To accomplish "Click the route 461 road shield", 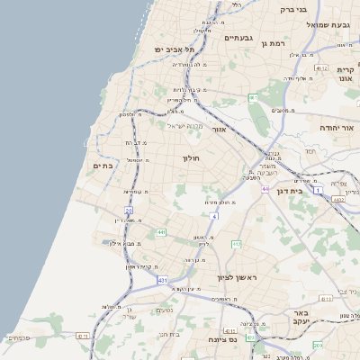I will pyautogui.click(x=253, y=97).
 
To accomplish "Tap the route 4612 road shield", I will pyautogui.click(x=321, y=67).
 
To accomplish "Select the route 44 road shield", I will pyautogui.click(x=265, y=189).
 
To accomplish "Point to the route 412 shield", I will pyautogui.click(x=236, y=244).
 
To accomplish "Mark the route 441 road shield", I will pyautogui.click(x=161, y=232).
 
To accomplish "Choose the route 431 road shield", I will pyautogui.click(x=162, y=281).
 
